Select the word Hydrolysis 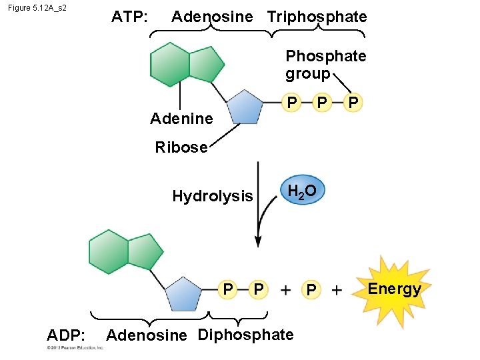[213, 196]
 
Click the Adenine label [181, 119]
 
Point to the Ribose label [181, 147]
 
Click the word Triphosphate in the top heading [317, 17]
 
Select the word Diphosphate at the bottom [245, 334]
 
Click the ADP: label [65, 334]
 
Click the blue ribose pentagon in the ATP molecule [245, 107]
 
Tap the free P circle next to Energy [311, 290]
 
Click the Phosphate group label [325, 65]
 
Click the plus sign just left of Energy [337, 290]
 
